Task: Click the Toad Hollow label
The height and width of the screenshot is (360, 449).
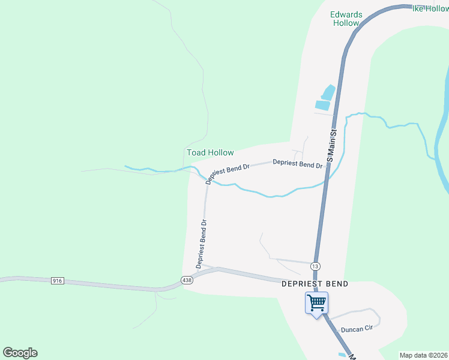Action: [210, 152]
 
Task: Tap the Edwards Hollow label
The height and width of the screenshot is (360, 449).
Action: [345, 19]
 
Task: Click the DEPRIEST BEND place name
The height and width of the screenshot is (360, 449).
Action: [315, 284]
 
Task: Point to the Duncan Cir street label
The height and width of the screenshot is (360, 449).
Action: [357, 329]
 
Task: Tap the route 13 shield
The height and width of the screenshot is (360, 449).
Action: [315, 266]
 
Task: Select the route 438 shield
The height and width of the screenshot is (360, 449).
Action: [187, 280]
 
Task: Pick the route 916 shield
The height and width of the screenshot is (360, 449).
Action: [58, 280]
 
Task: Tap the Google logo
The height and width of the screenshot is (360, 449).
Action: [20, 353]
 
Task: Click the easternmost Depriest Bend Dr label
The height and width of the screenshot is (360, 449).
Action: [298, 163]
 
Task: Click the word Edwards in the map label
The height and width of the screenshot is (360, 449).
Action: [345, 14]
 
